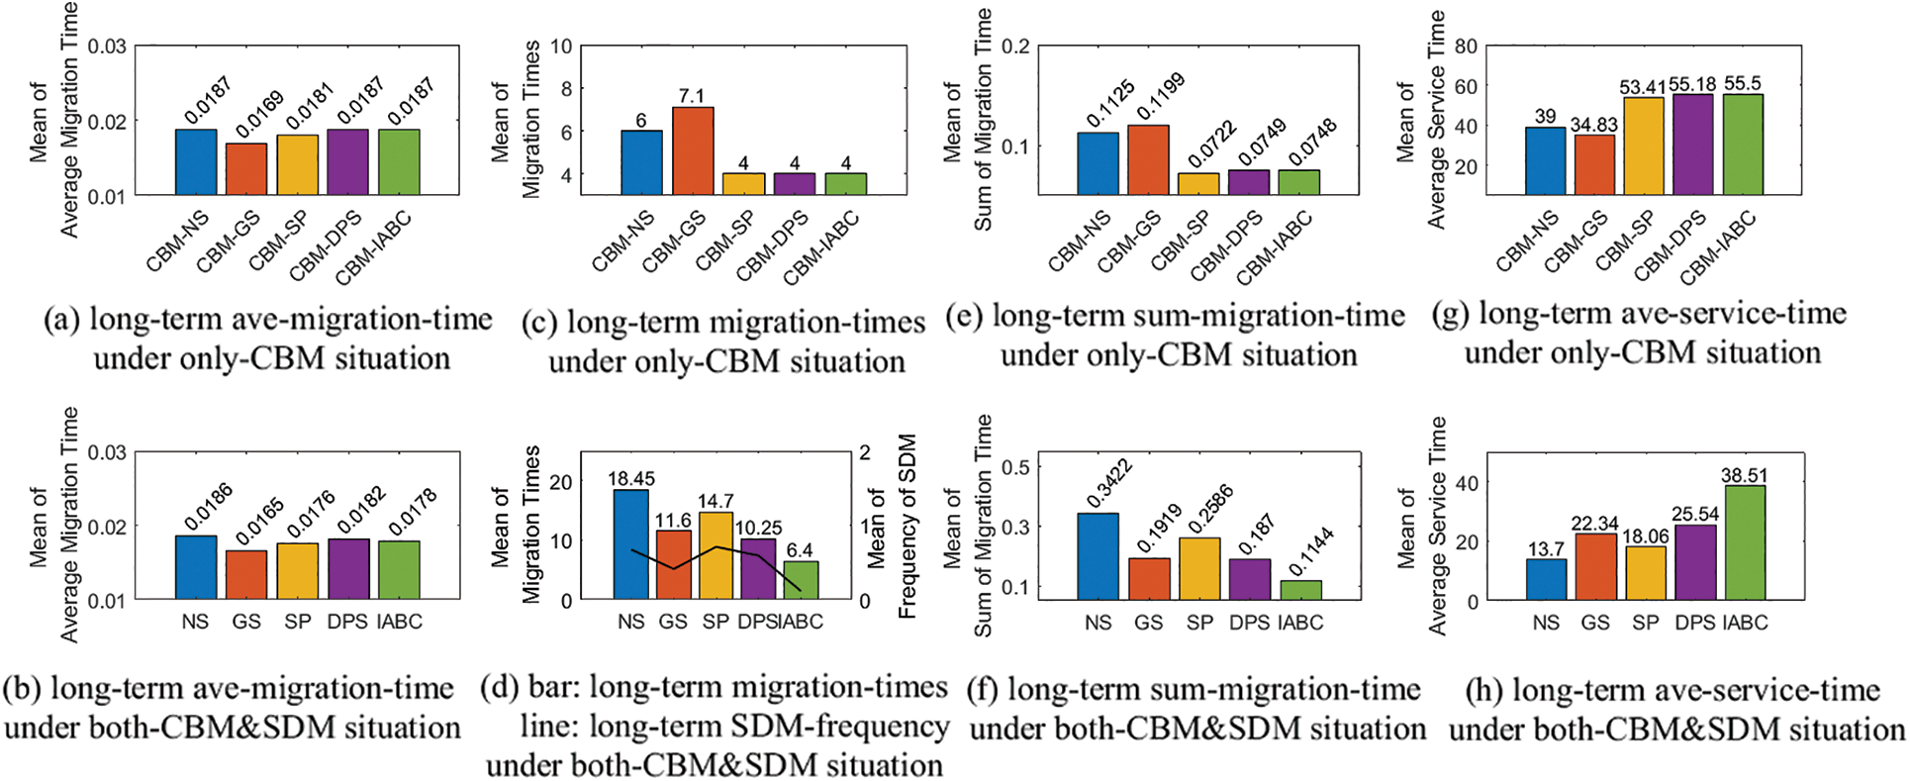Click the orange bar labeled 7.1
[693, 150]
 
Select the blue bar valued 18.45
[631, 544]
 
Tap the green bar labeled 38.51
[1745, 542]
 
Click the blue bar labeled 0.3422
[1098, 556]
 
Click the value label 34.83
[1593, 125]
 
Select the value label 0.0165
[259, 524]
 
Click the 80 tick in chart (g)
[1466, 47]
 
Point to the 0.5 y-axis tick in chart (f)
[1016, 467]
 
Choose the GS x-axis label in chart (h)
[1595, 623]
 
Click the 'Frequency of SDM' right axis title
[907, 526]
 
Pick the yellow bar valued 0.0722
[1198, 183]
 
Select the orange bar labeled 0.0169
[246, 168]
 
